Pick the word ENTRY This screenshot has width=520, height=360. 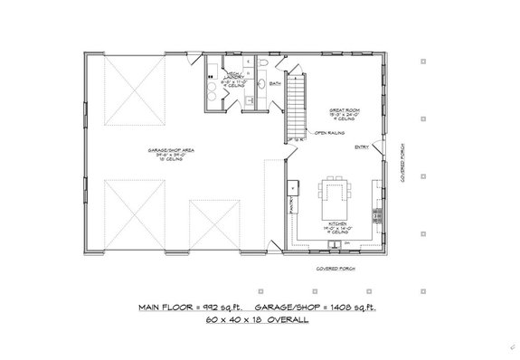pos(361,147)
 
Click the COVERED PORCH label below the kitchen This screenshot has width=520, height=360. pos(335,269)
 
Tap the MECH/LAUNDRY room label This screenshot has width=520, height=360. pos(226,79)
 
